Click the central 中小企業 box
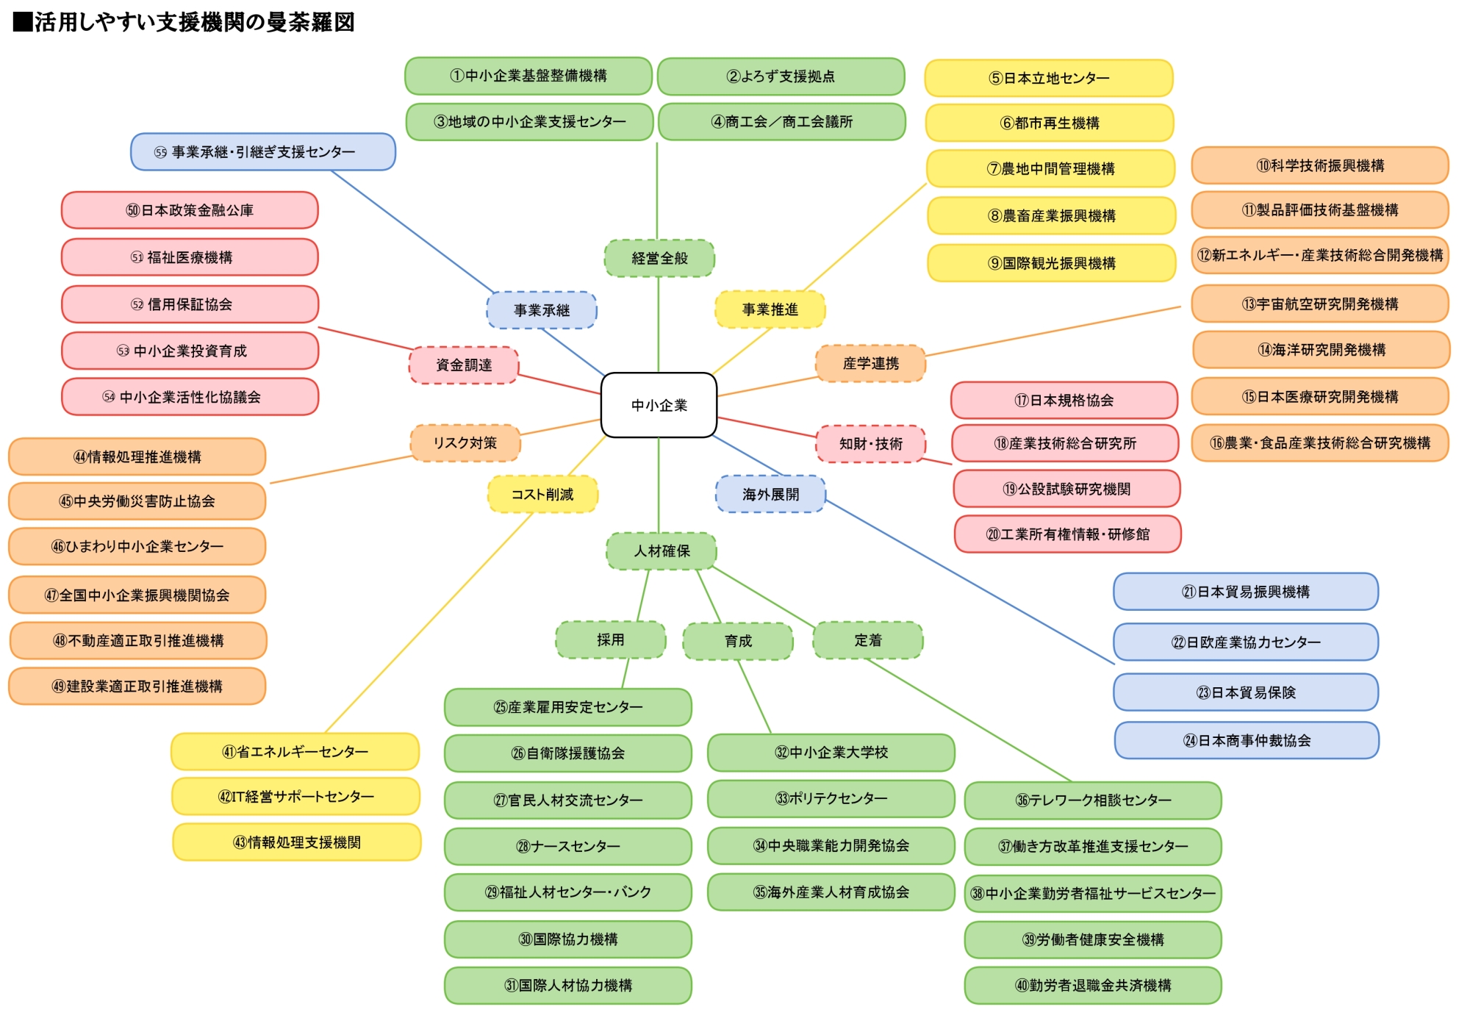(659, 405)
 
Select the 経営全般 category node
(659, 258)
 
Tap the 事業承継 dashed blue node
(542, 310)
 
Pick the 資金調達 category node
(464, 365)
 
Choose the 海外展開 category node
(770, 494)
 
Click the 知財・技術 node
(870, 444)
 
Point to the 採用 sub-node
(610, 639)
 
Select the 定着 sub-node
(867, 640)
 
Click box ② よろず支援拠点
(781, 76)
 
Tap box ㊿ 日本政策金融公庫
(190, 210)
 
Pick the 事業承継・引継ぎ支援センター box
(262, 152)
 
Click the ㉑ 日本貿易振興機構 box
(1245, 592)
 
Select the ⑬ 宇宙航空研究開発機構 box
(1319, 304)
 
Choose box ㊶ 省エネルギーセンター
(295, 752)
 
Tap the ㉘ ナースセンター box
(567, 847)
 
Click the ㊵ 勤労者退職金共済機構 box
(1093, 986)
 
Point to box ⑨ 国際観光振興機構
(1051, 263)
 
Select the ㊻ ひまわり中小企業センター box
(137, 546)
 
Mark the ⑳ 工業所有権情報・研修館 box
(1067, 534)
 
